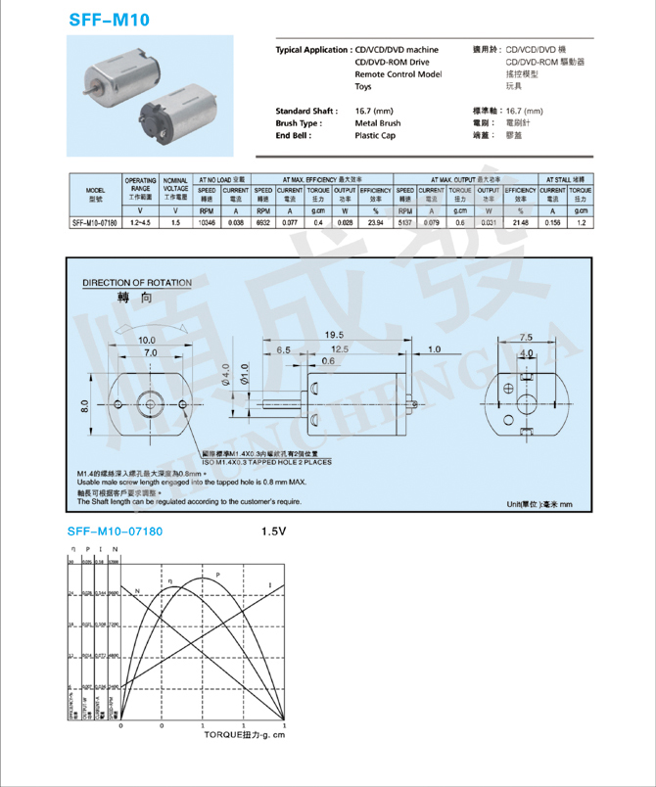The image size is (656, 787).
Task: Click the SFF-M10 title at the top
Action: [x=109, y=19]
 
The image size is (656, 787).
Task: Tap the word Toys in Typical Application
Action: [x=363, y=87]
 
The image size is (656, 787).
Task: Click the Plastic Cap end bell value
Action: [x=376, y=136]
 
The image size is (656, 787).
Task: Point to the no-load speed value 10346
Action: [x=207, y=222]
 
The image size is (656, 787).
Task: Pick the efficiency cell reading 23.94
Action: [x=375, y=222]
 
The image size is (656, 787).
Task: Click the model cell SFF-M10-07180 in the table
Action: [x=95, y=222]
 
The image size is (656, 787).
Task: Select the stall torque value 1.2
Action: [x=581, y=222]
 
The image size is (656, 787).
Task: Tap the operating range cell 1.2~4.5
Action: [x=140, y=222]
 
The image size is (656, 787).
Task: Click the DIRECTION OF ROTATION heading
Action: [x=137, y=283]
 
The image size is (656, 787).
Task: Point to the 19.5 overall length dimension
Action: [x=334, y=335]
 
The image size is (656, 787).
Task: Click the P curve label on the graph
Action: [x=217, y=574]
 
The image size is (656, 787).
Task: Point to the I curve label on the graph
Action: [x=269, y=585]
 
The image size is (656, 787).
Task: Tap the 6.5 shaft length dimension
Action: [x=284, y=348]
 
